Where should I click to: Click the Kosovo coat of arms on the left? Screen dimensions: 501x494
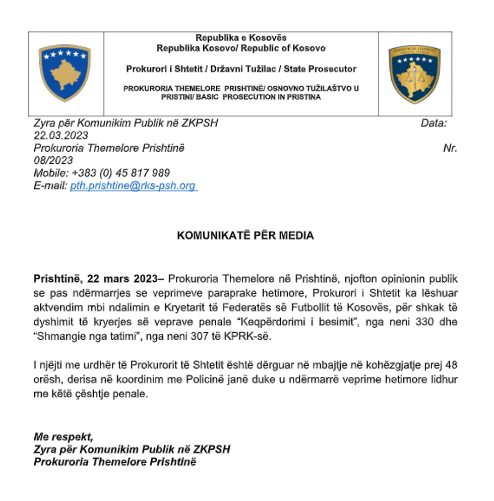click(x=65, y=73)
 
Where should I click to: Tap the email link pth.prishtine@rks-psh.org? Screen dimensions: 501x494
click(x=133, y=185)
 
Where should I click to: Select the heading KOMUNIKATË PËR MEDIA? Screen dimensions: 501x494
click(x=245, y=236)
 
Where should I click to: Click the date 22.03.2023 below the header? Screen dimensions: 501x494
click(x=60, y=135)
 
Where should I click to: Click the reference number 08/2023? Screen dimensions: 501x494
click(x=53, y=160)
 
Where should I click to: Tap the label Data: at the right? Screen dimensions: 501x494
click(x=433, y=122)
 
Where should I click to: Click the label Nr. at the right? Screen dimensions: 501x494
click(x=450, y=148)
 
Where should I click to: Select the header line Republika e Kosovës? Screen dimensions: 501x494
click(x=241, y=38)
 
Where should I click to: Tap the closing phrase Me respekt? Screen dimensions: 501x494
click(x=63, y=436)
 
